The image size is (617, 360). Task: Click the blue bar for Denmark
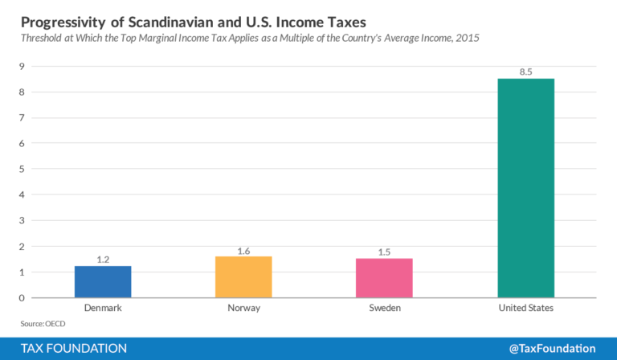point(103,282)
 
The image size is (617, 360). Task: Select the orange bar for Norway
point(243,277)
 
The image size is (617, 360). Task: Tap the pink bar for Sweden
point(384,278)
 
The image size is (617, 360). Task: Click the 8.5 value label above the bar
point(525,72)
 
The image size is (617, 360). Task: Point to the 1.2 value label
point(103,260)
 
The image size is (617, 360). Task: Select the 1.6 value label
point(243,251)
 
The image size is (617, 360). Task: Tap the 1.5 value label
point(384,252)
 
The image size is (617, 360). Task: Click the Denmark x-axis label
point(103,308)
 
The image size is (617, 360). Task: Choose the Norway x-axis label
point(243,308)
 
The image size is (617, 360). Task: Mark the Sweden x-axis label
point(384,308)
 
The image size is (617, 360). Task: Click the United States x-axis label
point(525,308)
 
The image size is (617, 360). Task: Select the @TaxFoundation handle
point(552,348)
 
